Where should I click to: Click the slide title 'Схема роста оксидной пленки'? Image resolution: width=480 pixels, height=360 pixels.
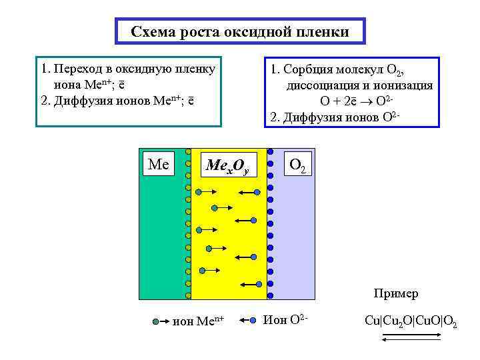pyautogui.click(x=239, y=32)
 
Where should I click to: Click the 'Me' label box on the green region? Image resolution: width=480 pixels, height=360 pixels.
pyautogui.click(x=158, y=164)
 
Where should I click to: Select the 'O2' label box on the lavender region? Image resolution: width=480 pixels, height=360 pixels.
pyautogui.click(x=297, y=164)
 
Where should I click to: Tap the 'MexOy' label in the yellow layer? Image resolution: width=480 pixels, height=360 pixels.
pyautogui.click(x=227, y=166)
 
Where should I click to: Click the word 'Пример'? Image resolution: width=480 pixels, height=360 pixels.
pyautogui.click(x=396, y=293)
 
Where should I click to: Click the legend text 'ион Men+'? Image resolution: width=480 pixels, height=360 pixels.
pyautogui.click(x=198, y=322)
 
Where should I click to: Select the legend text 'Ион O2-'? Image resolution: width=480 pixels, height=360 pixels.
pyautogui.click(x=286, y=321)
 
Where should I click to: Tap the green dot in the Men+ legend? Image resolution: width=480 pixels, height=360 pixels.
pyautogui.click(x=156, y=321)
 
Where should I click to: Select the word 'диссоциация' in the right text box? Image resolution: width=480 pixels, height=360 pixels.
pyautogui.click(x=318, y=86)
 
